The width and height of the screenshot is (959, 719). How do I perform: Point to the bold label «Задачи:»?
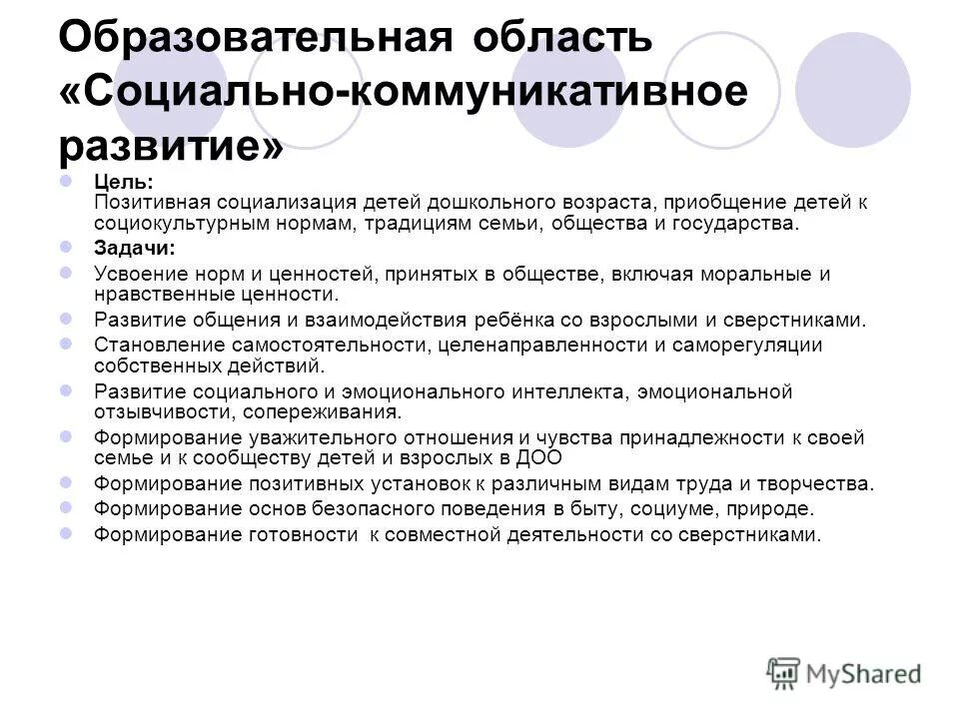[x=135, y=248]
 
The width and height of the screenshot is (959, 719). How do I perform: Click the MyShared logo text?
[x=865, y=672]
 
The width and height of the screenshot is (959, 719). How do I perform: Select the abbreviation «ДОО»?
[x=540, y=458]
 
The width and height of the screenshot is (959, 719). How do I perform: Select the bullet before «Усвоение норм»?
[x=66, y=272]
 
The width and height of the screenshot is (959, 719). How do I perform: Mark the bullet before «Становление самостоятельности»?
[x=66, y=344]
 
